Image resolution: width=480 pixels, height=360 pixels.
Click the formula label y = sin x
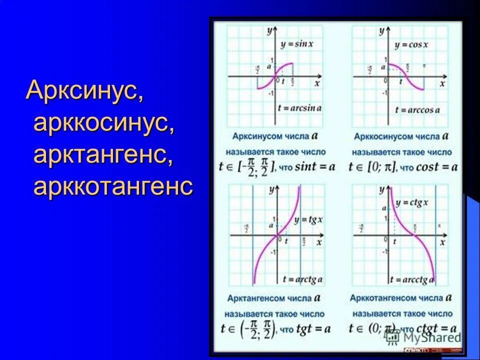pos(297,44)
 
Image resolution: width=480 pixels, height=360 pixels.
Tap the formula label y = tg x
pos(308,220)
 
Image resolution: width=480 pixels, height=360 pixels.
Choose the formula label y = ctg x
pos(412,202)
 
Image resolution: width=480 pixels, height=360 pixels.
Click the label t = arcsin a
pos(300,108)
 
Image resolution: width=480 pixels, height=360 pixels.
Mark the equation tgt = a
pos(313,329)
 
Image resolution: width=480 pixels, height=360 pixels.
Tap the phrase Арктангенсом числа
pos(268,299)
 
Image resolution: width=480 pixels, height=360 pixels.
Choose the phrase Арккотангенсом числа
pos(396,298)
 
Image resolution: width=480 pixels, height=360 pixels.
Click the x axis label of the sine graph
pos(317,84)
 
